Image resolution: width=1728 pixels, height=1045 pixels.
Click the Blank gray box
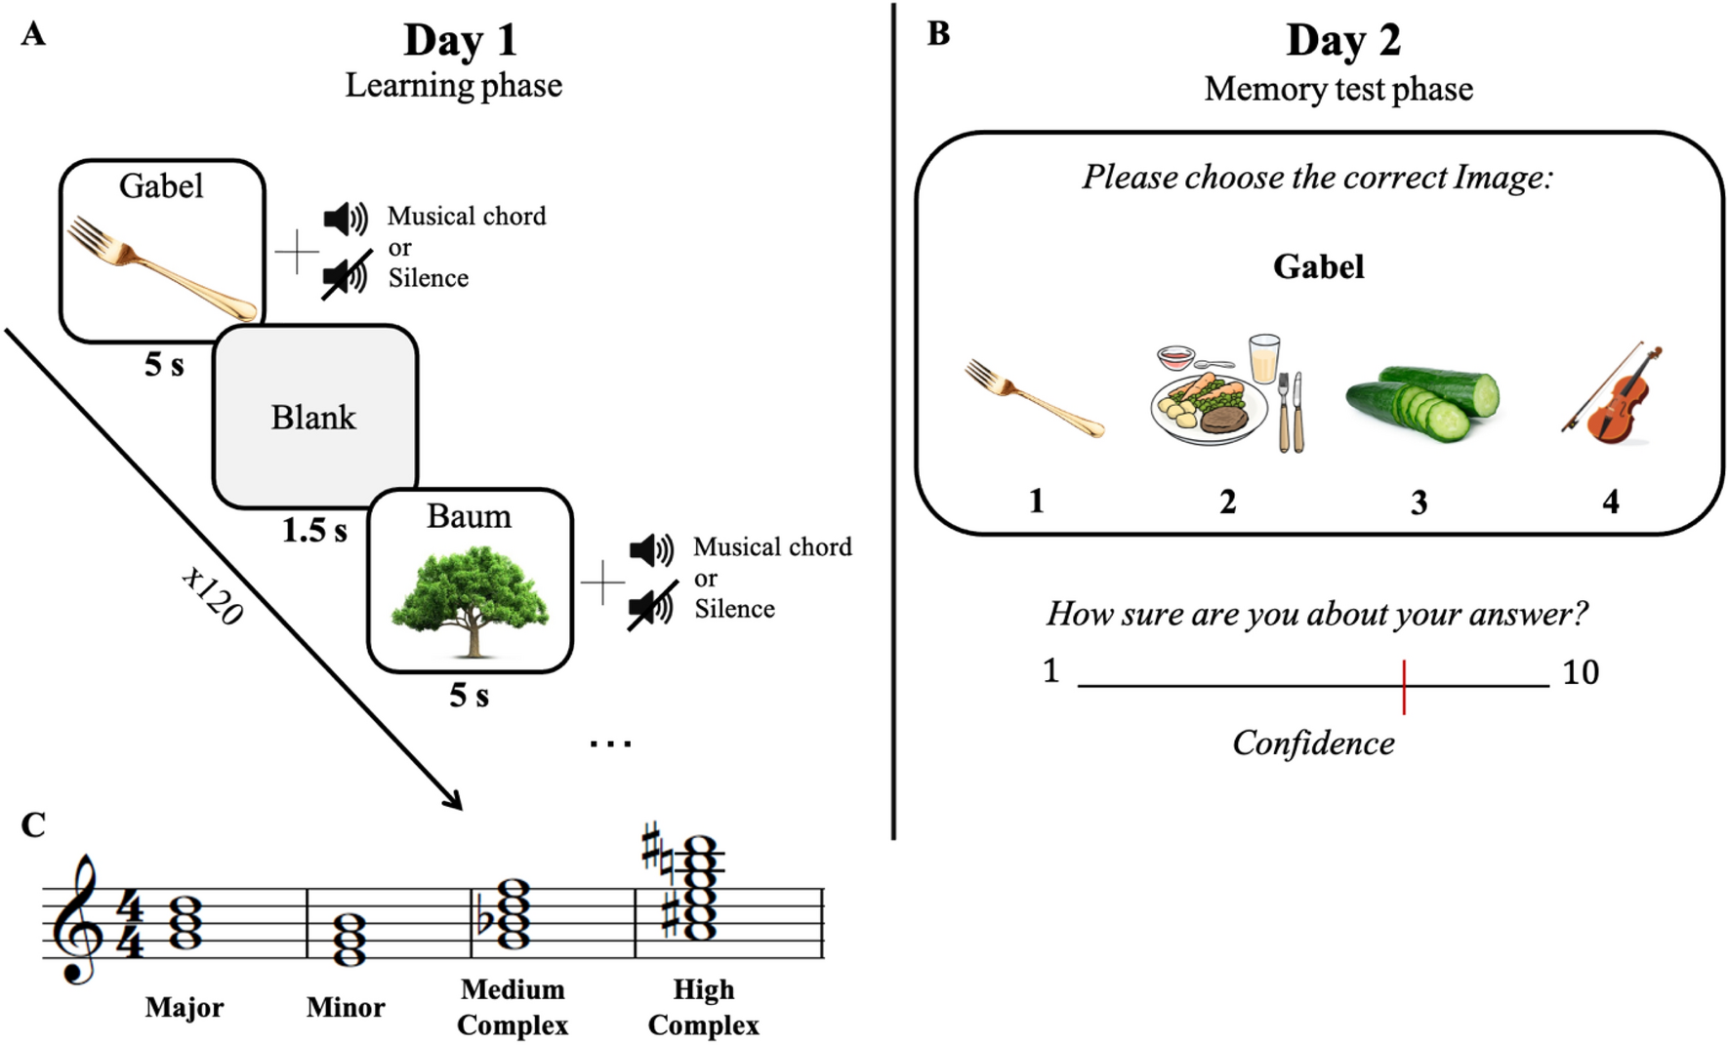(x=314, y=417)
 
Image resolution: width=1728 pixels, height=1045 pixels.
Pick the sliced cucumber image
(x=1422, y=401)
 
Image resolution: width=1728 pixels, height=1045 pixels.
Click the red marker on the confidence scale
(x=1403, y=687)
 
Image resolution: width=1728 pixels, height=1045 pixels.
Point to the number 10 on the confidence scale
(x=1580, y=672)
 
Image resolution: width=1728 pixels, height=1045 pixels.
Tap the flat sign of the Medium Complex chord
(x=482, y=920)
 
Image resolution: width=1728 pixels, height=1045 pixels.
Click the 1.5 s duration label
(x=314, y=531)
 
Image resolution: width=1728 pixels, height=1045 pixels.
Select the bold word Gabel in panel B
(x=1318, y=266)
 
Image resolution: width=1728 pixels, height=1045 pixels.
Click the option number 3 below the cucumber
(x=1419, y=502)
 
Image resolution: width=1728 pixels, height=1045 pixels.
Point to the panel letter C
(x=33, y=825)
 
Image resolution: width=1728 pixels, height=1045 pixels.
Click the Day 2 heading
(x=1342, y=41)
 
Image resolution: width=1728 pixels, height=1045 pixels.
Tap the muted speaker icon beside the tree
(x=651, y=607)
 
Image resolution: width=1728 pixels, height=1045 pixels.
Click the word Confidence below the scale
(x=1313, y=744)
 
